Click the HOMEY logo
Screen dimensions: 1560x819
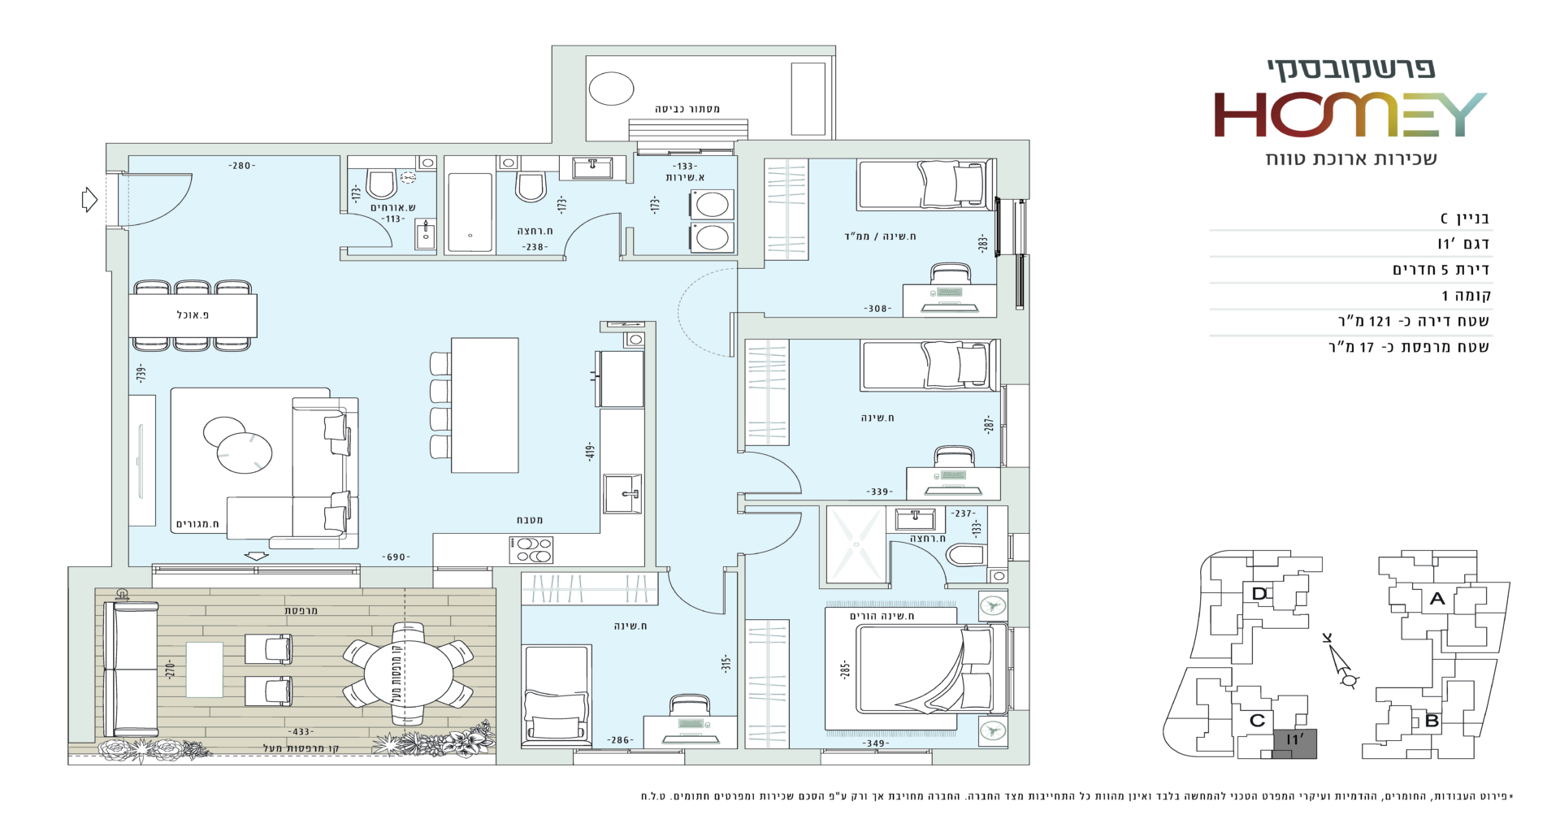(1350, 115)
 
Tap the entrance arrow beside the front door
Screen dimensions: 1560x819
(89, 199)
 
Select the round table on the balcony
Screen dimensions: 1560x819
(409, 674)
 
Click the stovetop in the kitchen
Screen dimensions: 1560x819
(531, 550)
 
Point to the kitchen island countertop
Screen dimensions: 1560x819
(485, 405)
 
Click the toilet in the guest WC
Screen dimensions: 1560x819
(382, 184)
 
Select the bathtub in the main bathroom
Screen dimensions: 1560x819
(470, 213)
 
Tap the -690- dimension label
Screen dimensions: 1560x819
(396, 557)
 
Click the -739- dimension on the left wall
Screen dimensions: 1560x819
(141, 374)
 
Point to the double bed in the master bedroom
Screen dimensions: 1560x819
(916, 677)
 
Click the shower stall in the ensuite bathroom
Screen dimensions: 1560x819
(856, 544)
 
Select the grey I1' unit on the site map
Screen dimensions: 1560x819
(1293, 743)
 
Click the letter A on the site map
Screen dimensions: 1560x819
(1437, 599)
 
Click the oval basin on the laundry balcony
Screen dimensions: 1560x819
(611, 89)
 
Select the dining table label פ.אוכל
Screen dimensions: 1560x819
(193, 315)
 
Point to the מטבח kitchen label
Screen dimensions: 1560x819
(530, 520)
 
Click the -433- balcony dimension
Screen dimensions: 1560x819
(301, 732)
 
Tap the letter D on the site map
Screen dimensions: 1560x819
(1259, 594)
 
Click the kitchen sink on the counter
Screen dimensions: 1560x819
(622, 494)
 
